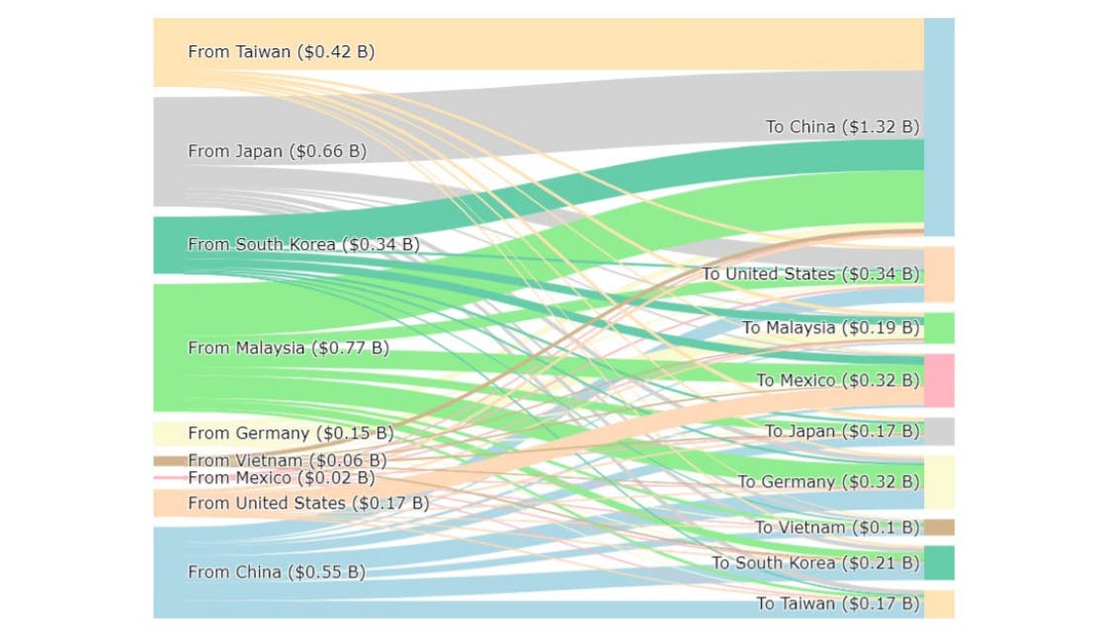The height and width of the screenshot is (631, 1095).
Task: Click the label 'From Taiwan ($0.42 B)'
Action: coord(281,51)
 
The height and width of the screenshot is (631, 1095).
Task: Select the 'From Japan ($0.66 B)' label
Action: coord(277,151)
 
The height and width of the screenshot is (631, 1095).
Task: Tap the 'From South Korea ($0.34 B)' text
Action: coord(302,244)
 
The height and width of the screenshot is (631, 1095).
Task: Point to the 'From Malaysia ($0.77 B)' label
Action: coord(288,348)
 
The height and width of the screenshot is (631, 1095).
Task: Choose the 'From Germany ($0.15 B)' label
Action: coord(291,433)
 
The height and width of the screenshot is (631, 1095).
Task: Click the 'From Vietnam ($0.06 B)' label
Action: coord(287,460)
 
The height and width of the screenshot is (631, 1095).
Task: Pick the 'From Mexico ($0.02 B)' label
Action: coord(281,478)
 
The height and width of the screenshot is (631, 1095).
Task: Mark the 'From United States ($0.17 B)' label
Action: coord(308,504)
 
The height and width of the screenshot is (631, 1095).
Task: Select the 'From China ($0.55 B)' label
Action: coord(276,572)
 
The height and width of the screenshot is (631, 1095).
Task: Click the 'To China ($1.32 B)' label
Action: coord(842,126)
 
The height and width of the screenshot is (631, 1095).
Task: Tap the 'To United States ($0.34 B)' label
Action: coord(810,274)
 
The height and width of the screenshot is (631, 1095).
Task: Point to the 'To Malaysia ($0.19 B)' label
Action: coord(830,327)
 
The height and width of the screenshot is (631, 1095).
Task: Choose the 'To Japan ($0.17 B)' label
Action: coord(842,431)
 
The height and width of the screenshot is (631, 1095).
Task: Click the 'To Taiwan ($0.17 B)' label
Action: coord(837,603)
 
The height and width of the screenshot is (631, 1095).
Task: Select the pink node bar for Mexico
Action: coord(939,380)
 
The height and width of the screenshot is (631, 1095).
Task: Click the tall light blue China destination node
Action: coord(939,126)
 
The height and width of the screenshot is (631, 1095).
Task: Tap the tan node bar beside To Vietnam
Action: coord(939,527)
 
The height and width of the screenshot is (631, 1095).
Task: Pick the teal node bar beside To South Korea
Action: coord(939,563)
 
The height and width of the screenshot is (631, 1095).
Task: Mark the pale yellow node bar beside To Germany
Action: coord(939,482)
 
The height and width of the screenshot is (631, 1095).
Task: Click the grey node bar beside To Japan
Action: coord(939,432)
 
